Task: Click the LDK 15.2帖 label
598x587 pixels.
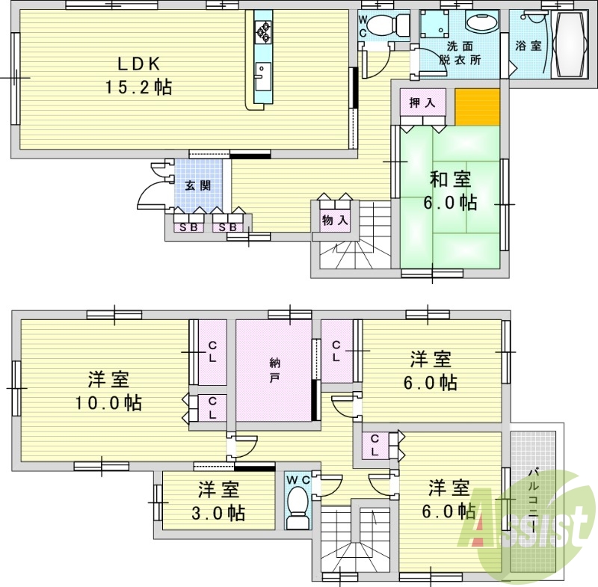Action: coord(138,75)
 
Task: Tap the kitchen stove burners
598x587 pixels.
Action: coord(264,31)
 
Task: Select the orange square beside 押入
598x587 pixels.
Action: coord(477,107)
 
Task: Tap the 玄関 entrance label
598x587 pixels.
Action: coord(198,185)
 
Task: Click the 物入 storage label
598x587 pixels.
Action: coord(334,220)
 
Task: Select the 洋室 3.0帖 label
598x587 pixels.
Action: coord(218,503)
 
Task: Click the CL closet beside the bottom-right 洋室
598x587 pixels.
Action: coord(374,446)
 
